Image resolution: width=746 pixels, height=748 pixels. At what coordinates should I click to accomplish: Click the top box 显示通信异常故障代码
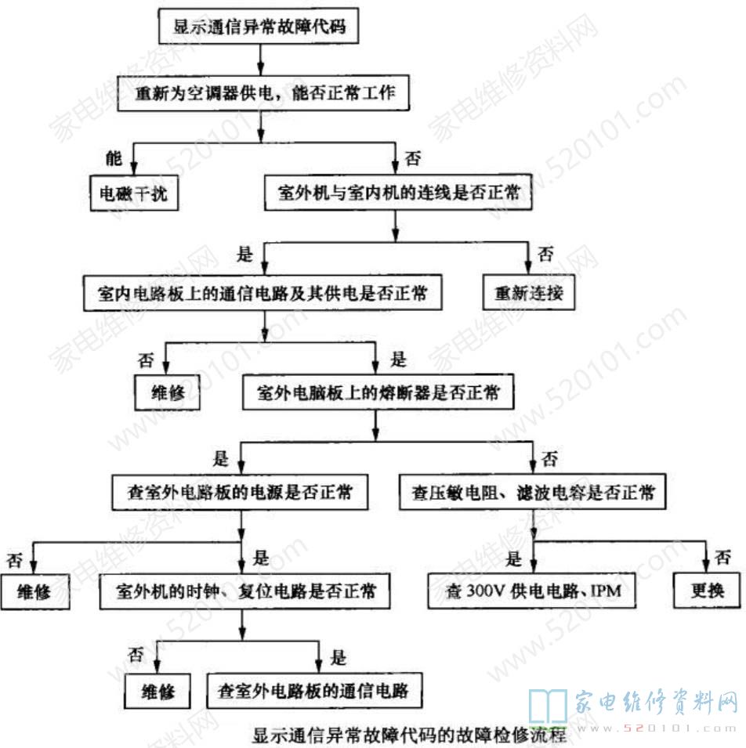pyautogui.click(x=259, y=27)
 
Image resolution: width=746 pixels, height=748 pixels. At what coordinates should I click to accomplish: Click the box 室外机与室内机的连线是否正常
pyautogui.click(x=399, y=193)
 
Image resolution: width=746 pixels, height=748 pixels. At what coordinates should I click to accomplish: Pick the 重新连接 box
pyautogui.click(x=529, y=294)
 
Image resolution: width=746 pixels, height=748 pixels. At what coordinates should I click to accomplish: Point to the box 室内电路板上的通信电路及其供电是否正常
pyautogui.click(x=264, y=294)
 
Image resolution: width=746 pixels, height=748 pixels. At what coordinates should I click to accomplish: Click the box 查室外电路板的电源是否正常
pyautogui.click(x=240, y=493)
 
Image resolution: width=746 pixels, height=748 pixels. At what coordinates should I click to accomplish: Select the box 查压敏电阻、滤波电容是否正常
pyautogui.click(x=533, y=493)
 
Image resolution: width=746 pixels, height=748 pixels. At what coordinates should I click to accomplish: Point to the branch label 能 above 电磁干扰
pyautogui.click(x=114, y=159)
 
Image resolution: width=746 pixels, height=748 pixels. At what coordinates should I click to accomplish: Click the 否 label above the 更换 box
pyautogui.click(x=725, y=558)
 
